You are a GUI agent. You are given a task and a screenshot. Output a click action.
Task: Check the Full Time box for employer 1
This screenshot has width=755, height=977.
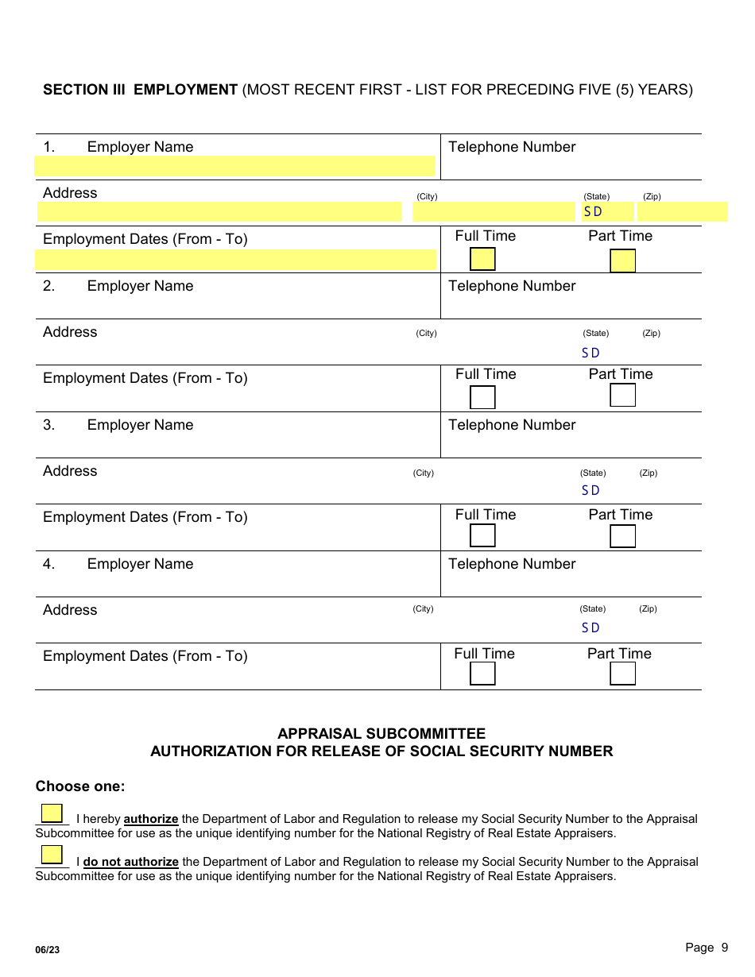(482, 260)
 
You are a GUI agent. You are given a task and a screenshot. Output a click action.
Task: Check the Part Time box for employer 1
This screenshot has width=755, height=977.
(622, 261)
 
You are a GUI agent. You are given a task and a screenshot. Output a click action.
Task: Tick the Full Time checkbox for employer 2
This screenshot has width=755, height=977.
(482, 397)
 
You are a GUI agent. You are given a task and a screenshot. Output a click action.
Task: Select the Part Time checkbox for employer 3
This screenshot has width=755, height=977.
(622, 536)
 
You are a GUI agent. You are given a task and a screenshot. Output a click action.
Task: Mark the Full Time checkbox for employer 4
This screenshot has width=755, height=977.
(482, 674)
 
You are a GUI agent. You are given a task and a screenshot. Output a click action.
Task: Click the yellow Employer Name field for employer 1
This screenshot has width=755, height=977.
(235, 166)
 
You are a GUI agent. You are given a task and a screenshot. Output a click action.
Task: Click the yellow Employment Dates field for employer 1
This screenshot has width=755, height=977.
(235, 260)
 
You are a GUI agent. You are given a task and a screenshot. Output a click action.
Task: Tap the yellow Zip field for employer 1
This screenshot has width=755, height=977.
(682, 212)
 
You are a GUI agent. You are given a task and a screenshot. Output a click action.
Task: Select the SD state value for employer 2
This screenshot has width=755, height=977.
(590, 353)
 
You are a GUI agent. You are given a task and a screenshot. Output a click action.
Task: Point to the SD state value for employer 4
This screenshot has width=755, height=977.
(590, 628)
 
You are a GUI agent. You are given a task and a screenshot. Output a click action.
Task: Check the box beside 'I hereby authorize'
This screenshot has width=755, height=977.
(52, 813)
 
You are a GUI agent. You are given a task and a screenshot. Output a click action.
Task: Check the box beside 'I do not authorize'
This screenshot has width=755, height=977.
(52, 855)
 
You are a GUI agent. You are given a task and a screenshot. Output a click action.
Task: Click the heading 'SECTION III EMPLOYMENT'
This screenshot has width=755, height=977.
(140, 90)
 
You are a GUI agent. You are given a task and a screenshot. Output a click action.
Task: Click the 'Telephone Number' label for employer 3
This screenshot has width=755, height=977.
(512, 425)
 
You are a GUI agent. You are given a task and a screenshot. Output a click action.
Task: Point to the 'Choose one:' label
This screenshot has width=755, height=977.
(80, 786)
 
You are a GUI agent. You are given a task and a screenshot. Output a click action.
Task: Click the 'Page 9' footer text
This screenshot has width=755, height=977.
(707, 947)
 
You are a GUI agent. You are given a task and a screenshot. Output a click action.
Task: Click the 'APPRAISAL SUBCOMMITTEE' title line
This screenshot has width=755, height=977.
(381, 734)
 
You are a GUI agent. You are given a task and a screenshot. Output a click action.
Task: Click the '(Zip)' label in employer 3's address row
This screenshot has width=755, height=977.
(649, 473)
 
